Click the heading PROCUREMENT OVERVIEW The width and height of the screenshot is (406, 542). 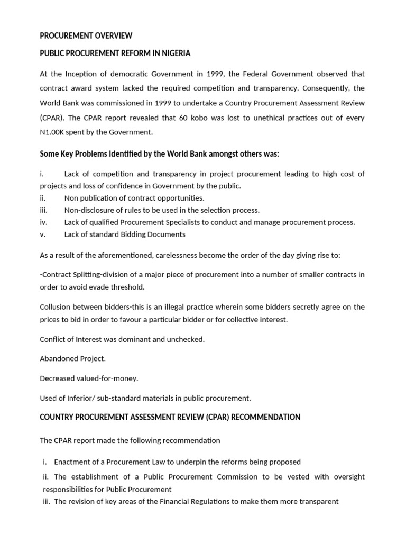(x=86, y=36)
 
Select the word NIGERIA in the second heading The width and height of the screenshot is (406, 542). (x=173, y=53)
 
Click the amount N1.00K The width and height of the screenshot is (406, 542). (x=55, y=132)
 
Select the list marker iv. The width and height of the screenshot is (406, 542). (x=44, y=222)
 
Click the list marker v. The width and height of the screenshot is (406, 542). (x=43, y=234)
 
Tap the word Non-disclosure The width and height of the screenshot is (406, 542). (x=89, y=210)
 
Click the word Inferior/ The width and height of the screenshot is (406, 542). (x=85, y=398)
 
